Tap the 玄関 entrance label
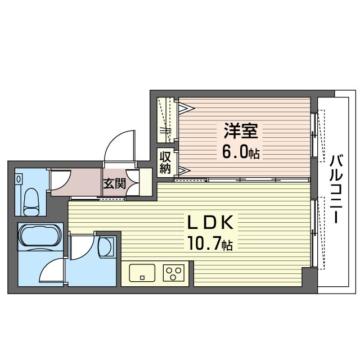pos(114,183)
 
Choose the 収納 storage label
pos(165,162)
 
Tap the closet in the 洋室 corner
pos(166,120)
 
